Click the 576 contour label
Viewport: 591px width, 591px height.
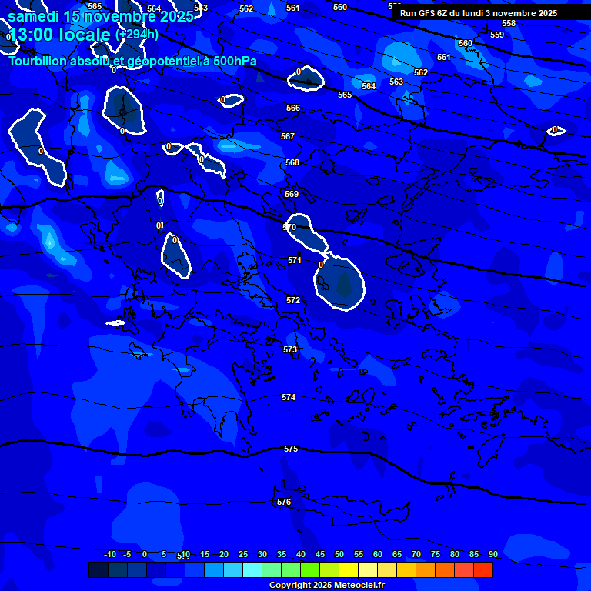284,502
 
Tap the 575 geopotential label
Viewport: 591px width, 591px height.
291,449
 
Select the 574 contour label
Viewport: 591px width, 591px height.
289,397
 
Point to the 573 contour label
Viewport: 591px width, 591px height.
290,349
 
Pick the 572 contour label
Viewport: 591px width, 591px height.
293,300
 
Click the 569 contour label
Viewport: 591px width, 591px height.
292,194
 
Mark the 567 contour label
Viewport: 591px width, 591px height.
288,136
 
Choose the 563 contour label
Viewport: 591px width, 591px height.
396,82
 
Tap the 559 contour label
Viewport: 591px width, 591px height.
497,35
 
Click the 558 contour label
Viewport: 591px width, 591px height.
509,24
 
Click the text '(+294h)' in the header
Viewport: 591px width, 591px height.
137,34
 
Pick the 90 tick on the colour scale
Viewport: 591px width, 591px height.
492,554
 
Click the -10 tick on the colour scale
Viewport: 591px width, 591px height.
110,554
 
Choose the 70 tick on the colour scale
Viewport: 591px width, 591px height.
416,554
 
